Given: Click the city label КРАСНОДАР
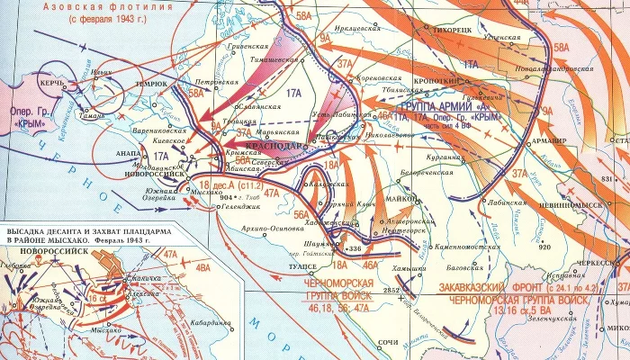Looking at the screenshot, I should [273, 145].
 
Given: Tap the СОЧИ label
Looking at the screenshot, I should [388, 344].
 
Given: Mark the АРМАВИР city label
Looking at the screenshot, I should [546, 141].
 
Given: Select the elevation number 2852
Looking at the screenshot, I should [390, 291].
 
